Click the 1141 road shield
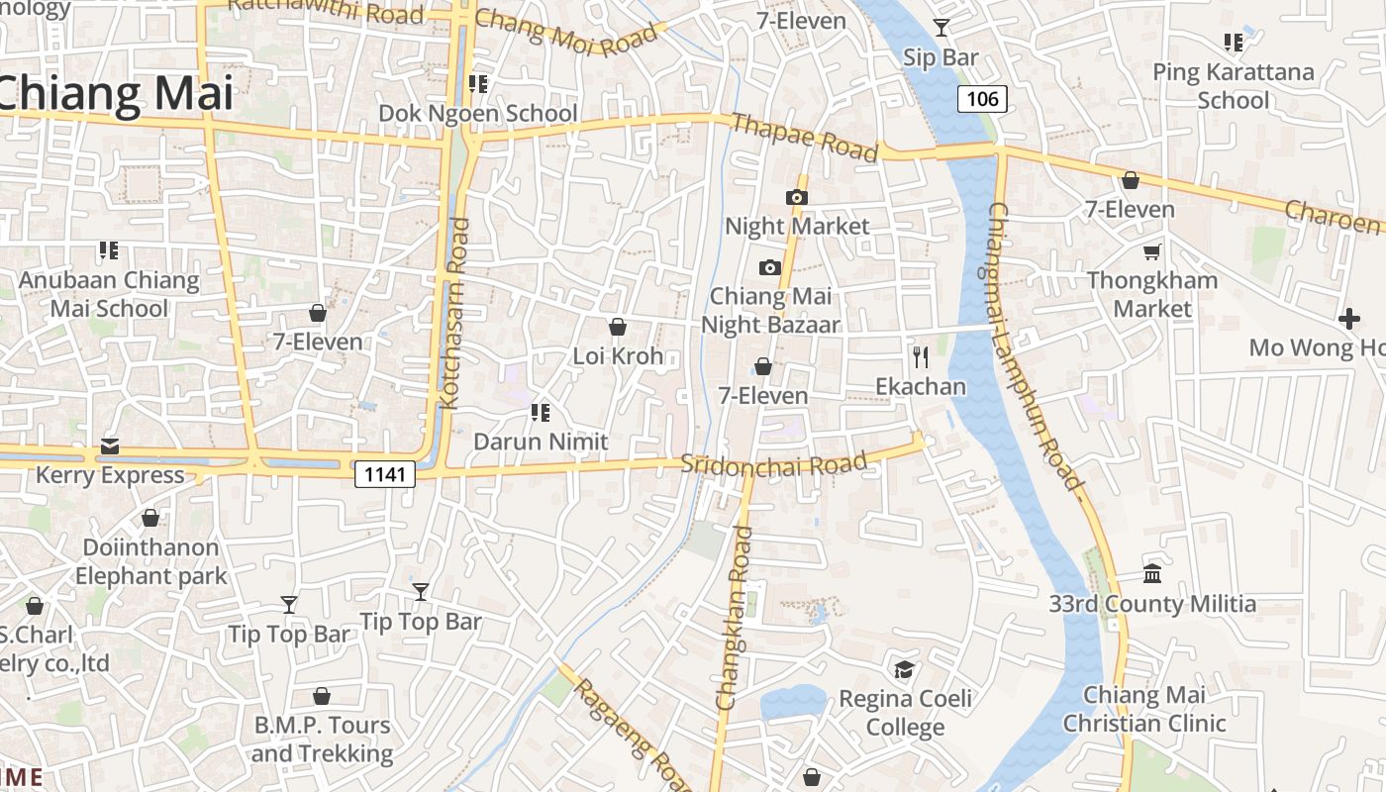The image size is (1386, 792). tap(385, 474)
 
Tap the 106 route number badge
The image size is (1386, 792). tap(982, 98)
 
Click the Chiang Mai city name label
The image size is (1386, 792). tap(117, 93)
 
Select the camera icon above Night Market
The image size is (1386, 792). tap(797, 197)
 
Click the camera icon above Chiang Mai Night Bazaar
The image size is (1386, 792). tap(770, 267)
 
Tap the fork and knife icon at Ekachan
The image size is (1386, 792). tap(921, 356)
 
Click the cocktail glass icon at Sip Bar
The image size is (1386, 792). tap(940, 28)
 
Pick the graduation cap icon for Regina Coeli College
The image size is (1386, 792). tap(904, 670)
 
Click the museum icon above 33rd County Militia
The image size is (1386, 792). tap(1152, 573)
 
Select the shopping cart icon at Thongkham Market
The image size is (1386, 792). tap(1151, 251)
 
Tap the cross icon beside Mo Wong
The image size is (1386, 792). tap(1348, 319)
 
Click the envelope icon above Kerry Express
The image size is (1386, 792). tap(109, 446)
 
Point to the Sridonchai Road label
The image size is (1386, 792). tap(774, 463)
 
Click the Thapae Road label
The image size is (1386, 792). tap(804, 138)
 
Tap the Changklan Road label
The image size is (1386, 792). tap(734, 619)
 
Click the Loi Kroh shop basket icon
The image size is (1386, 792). tap(618, 327)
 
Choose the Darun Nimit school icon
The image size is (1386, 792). tap(541, 412)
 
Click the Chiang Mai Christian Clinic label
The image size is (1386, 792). tap(1144, 709)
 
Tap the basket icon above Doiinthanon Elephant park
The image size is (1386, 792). tap(150, 518)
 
